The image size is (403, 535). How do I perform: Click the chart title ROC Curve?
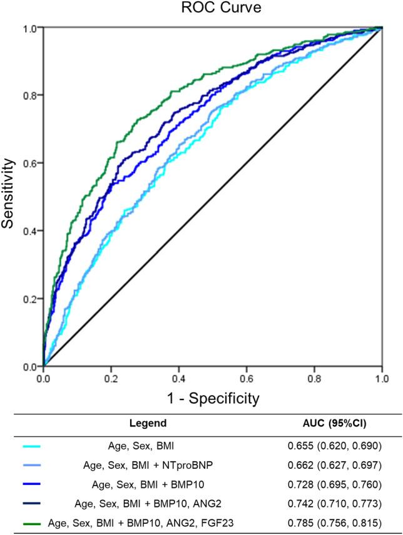pyautogui.click(x=213, y=9)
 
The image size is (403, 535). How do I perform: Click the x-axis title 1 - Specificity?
pyautogui.click(x=213, y=397)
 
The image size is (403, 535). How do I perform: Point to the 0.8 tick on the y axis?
pyautogui.click(x=29, y=96)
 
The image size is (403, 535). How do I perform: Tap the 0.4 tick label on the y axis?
pyautogui.click(x=29, y=231)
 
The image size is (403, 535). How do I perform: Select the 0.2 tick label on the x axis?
pyautogui.click(x=111, y=378)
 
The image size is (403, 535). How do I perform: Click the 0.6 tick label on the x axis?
pyautogui.click(x=247, y=378)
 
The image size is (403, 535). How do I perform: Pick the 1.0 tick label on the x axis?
pyautogui.click(x=382, y=378)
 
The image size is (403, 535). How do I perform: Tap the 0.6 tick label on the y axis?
pyautogui.click(x=29, y=163)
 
